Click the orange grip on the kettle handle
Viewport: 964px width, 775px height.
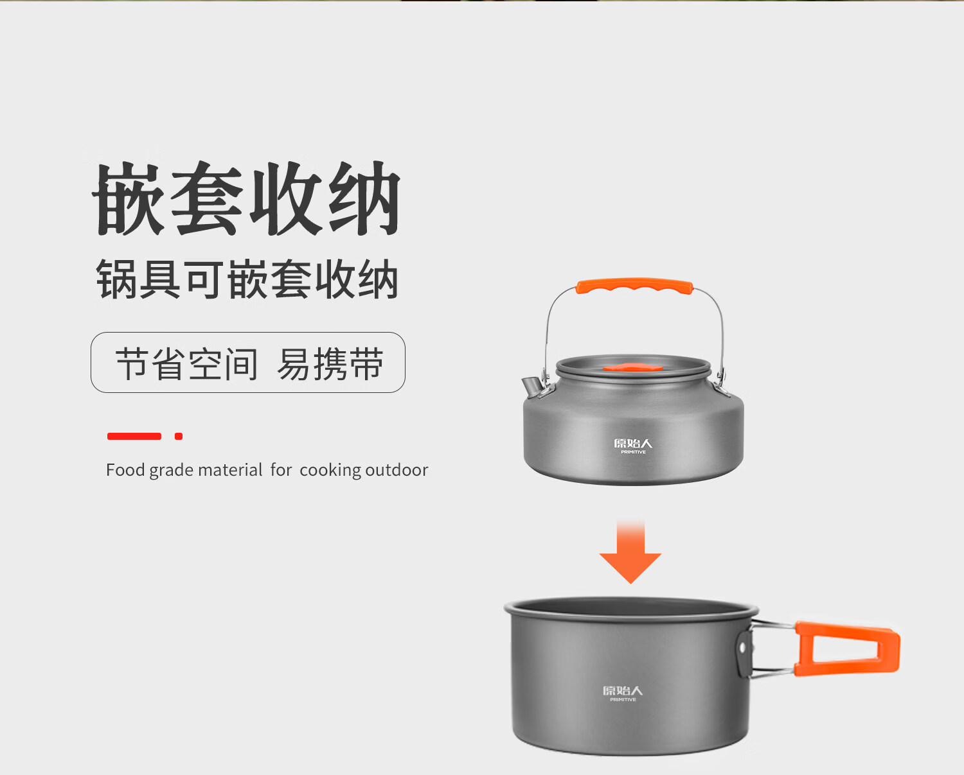(634, 286)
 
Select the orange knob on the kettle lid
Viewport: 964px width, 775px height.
(632, 367)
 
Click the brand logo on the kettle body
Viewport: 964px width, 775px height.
(633, 446)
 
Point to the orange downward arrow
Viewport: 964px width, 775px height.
(630, 552)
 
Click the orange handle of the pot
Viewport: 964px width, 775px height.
(846, 649)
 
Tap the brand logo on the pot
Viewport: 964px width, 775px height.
(623, 693)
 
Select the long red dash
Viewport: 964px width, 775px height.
(134, 436)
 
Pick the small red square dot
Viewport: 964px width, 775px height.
(178, 436)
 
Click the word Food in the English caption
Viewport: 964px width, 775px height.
(125, 470)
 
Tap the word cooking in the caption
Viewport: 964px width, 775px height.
(330, 471)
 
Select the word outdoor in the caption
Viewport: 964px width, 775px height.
(397, 470)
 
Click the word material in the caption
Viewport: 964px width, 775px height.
(230, 470)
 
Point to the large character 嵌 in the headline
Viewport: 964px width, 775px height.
(129, 198)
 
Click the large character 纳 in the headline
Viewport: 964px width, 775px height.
(364, 198)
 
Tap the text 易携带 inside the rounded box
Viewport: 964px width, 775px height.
(330, 363)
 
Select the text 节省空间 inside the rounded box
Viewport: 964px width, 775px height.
(186, 363)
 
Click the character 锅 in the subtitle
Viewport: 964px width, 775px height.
(115, 279)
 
